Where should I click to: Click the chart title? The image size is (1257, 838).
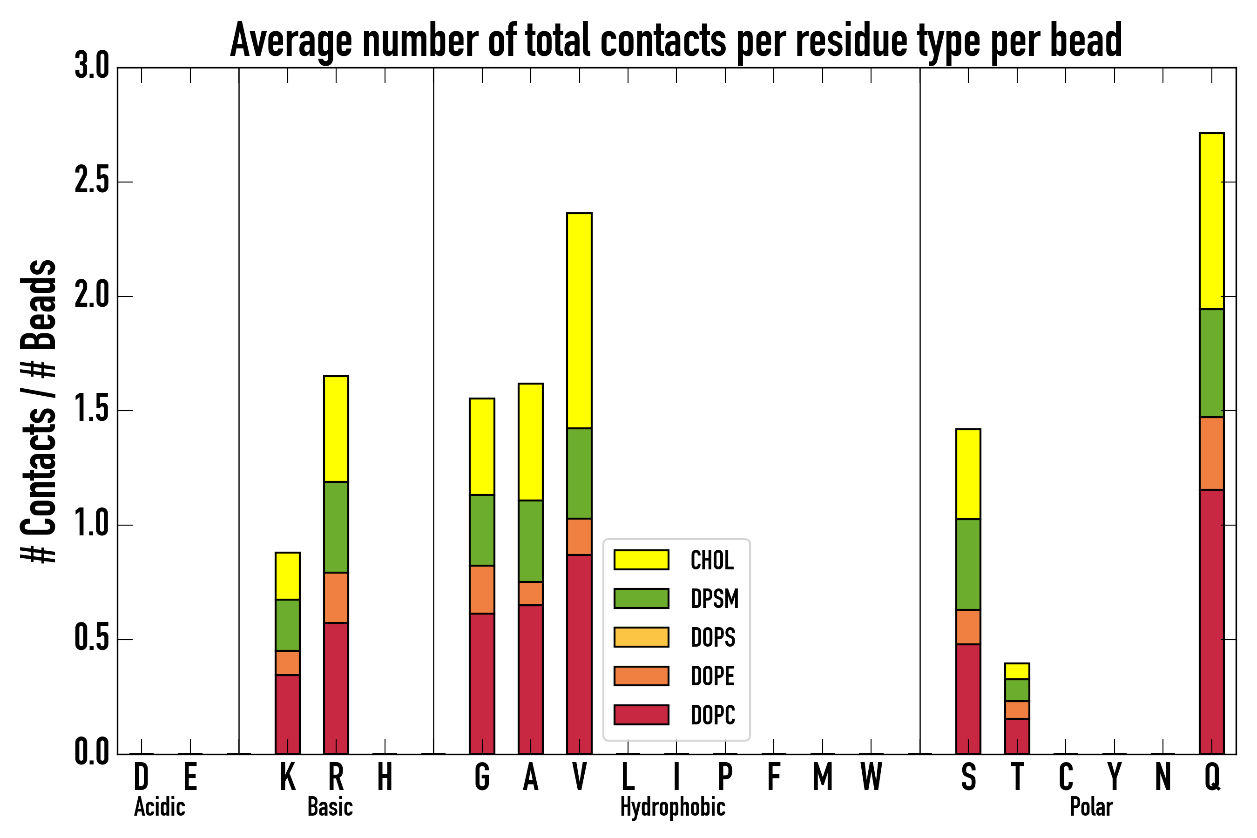tap(676, 41)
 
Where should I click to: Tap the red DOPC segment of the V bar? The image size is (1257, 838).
tap(579, 654)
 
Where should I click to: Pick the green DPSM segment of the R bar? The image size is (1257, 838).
tap(336, 527)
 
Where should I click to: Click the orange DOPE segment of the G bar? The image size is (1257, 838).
tap(481, 589)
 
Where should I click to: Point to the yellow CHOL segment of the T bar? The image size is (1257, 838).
tap(1017, 671)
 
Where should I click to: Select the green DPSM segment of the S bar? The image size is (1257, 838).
tap(968, 564)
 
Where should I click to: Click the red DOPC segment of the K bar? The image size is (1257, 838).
tap(288, 714)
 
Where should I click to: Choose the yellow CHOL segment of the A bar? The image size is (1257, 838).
tap(530, 442)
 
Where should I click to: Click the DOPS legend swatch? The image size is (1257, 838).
tap(642, 637)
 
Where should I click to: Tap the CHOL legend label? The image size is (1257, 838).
tap(712, 560)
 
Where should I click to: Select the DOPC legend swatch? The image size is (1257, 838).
tap(642, 715)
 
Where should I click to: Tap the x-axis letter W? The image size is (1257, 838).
tap(871, 777)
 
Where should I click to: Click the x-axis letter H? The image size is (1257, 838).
tap(385, 777)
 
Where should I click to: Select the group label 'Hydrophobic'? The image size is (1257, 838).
tap(672, 807)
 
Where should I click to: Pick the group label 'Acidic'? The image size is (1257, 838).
tap(159, 807)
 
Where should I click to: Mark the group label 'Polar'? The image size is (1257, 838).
tap(1091, 807)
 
